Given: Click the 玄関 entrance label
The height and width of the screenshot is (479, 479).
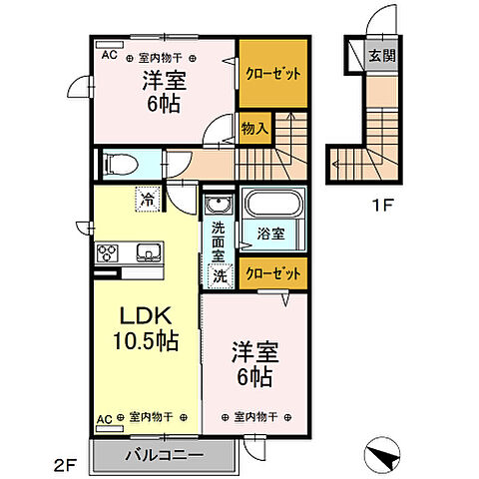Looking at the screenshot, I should tap(380, 56).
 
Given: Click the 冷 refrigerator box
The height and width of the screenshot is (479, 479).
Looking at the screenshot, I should tap(147, 200).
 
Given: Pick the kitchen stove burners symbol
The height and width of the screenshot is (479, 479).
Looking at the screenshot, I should tap(108, 253).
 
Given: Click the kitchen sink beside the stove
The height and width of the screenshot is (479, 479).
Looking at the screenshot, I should tap(147, 253).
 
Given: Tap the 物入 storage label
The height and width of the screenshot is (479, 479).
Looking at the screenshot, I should tap(253, 126).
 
